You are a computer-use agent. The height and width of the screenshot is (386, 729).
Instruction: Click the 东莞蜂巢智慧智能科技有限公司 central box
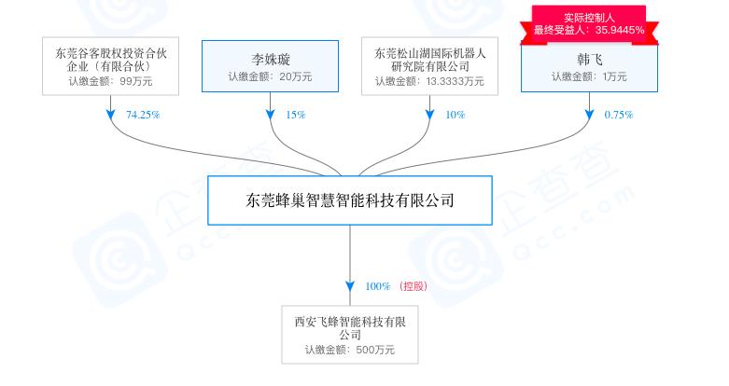pos(350,200)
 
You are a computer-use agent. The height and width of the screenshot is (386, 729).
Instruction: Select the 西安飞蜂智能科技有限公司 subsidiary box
pos(350,335)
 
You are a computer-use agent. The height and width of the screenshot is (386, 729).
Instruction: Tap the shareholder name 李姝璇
pos(271,60)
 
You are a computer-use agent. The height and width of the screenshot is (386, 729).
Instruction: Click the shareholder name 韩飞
pos(590,60)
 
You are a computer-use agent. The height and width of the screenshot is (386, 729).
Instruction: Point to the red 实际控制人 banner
pos(589,24)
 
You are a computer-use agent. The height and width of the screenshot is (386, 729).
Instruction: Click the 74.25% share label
pos(143,115)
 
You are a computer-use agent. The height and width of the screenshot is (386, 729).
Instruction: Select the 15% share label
pos(296,115)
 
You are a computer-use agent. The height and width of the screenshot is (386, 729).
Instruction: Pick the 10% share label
pos(456,115)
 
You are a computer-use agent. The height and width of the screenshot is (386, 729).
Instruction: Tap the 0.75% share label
pos(619,115)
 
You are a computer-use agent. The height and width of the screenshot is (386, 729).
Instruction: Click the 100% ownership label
pos(377,286)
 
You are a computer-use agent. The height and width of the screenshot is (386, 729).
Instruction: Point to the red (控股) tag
pos(413,286)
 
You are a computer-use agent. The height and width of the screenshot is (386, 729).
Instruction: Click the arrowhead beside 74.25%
pos(111,115)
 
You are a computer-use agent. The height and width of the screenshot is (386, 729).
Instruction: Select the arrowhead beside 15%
pos(270,115)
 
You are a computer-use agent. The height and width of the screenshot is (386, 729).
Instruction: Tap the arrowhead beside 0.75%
pos(590,115)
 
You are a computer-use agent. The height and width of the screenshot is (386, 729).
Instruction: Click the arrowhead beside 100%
pos(350,286)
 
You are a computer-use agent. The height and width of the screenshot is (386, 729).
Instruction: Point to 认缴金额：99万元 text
pos(111,81)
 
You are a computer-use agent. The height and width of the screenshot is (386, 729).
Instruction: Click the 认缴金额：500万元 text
pos(350,350)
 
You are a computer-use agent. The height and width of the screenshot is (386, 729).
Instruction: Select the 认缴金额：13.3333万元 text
pos(429,81)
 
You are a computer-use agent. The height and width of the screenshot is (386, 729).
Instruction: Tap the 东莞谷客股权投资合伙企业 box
pos(111,66)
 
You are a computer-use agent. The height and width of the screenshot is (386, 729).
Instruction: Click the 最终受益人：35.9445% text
pos(589,31)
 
